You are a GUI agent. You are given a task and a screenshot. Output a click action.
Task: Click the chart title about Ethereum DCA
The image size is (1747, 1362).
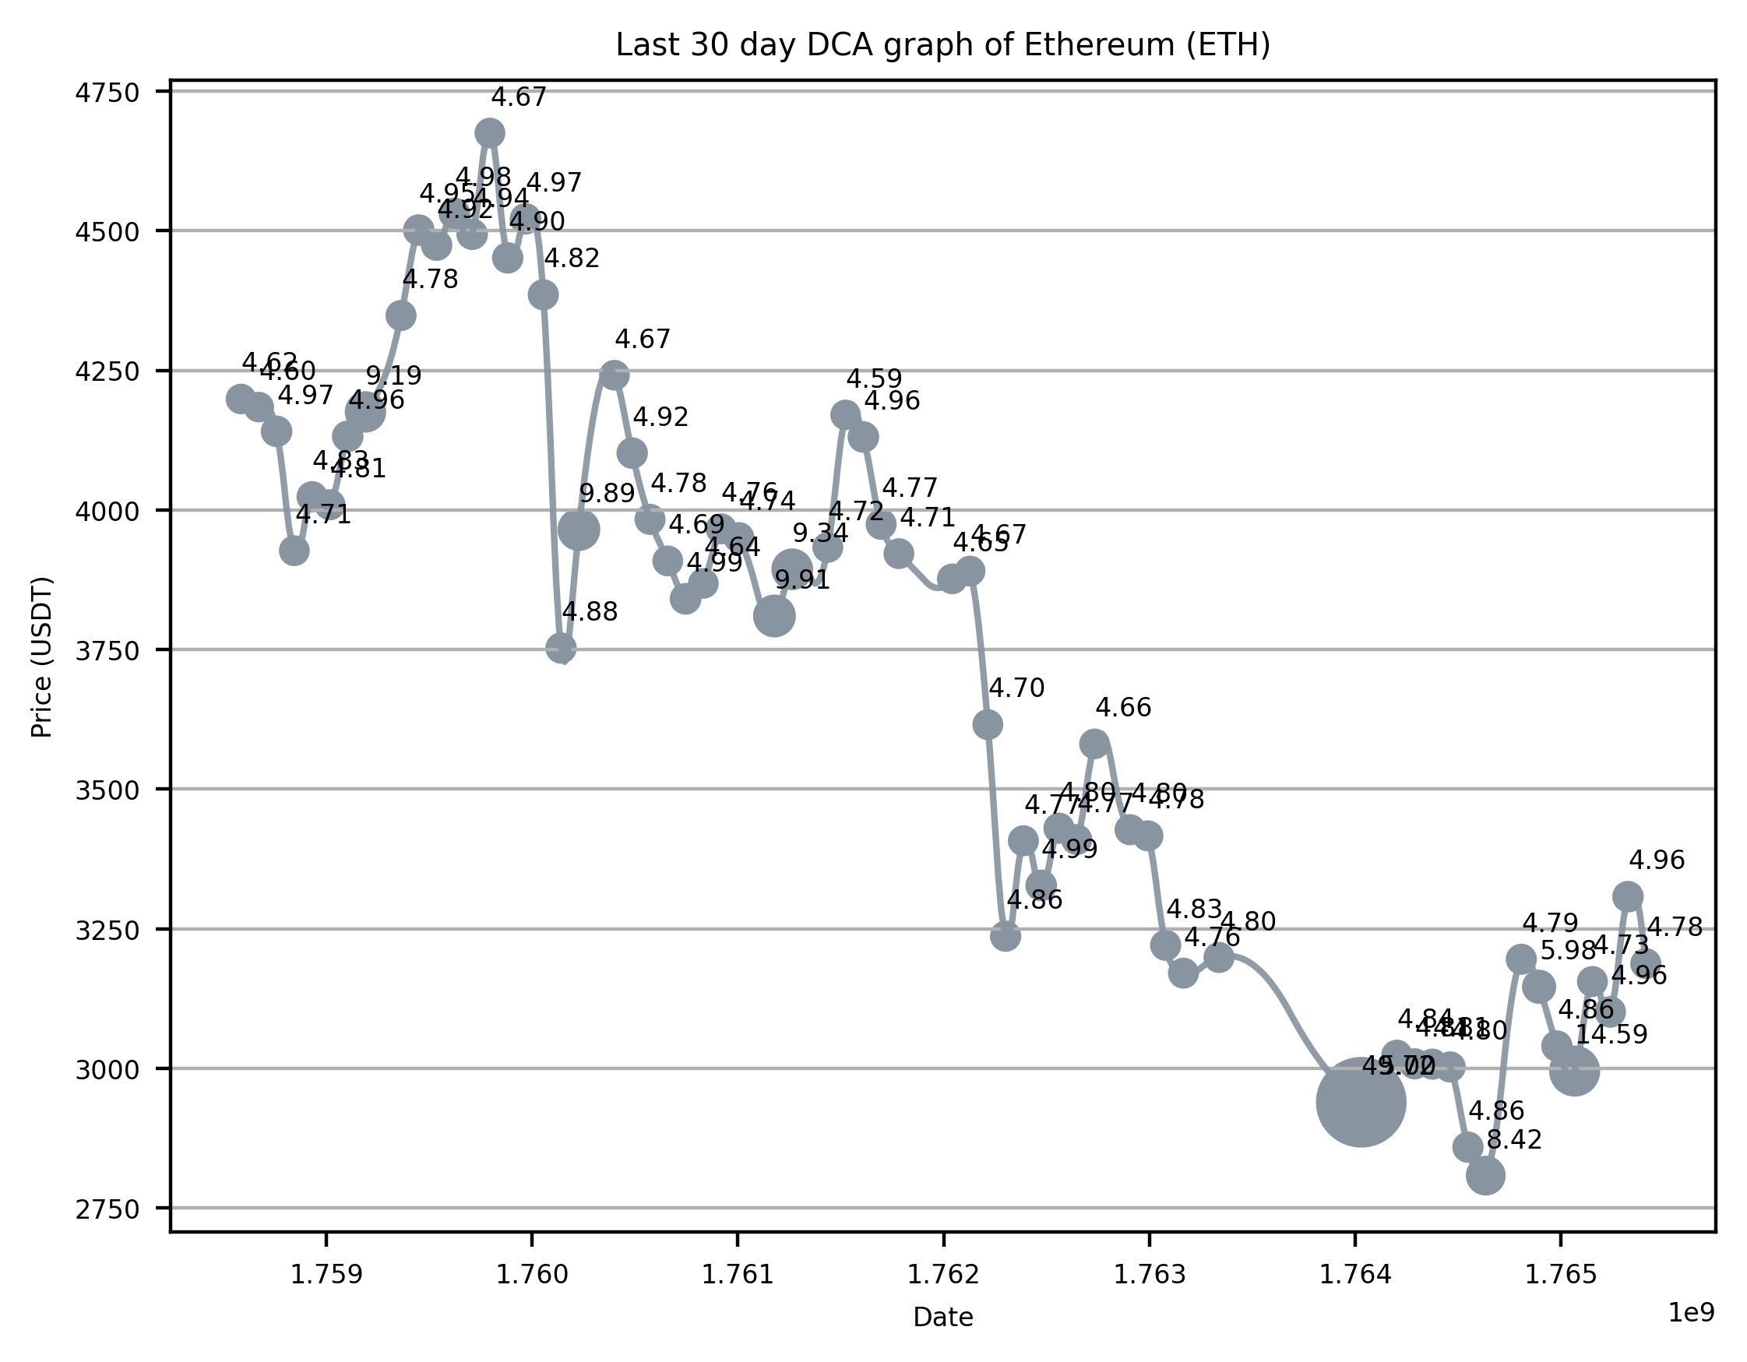pos(942,46)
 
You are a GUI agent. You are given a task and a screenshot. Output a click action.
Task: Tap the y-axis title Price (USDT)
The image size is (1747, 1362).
pos(41,656)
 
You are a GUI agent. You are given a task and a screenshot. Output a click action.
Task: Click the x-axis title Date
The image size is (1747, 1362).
pos(943,1317)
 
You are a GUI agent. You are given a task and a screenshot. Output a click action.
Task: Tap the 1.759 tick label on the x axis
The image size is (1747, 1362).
pos(326,1275)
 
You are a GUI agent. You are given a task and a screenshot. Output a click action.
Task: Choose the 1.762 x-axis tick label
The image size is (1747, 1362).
pos(943,1275)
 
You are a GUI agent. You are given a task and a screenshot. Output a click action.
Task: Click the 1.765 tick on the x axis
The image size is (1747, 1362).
pos(1561,1275)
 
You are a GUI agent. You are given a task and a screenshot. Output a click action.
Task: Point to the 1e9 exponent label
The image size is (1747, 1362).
pos(1690,1312)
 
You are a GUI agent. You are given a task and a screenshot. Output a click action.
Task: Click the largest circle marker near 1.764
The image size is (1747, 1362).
pos(1361,1102)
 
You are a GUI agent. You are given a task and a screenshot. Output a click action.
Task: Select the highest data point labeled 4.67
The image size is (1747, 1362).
pos(490,132)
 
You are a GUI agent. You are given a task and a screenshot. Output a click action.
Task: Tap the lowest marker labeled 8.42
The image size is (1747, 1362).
pos(1485,1176)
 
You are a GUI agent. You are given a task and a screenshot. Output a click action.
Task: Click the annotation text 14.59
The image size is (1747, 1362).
pos(1611,1035)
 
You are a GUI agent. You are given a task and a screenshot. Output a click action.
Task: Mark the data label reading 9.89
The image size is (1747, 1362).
pos(608,494)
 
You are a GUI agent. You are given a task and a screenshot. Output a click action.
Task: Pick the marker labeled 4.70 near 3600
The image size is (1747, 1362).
pos(987,724)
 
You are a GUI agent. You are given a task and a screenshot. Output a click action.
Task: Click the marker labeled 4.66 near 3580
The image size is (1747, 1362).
pos(1094,744)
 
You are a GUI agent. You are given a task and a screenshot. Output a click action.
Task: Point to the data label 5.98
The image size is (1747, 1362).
pos(1568,951)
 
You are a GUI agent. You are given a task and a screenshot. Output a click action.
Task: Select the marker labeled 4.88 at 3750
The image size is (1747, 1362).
pos(561,648)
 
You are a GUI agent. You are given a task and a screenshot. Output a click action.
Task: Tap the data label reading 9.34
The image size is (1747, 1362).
pos(820,533)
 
